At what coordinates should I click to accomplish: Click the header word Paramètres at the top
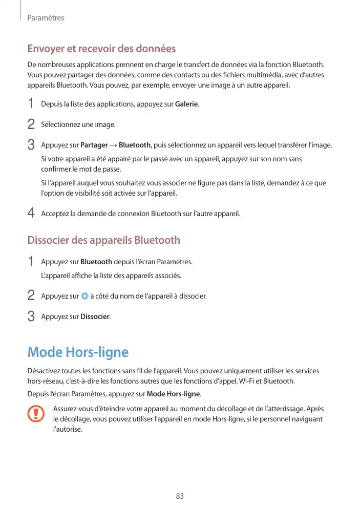click(46, 18)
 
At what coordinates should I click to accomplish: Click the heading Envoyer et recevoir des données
click(101, 49)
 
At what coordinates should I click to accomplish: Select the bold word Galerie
click(186, 104)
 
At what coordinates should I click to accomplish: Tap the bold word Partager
click(94, 145)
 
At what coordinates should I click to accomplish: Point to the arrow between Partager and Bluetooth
click(113, 145)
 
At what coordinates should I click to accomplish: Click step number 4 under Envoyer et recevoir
click(31, 213)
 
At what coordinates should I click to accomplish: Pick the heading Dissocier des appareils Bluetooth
click(103, 240)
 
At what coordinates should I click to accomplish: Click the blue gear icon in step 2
click(84, 296)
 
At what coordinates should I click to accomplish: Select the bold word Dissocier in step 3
click(95, 316)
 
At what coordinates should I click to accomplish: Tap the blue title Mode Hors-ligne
click(78, 352)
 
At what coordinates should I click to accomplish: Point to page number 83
click(180, 496)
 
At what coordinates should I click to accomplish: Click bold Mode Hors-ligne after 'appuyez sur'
click(174, 394)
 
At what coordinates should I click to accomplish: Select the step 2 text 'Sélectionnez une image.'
click(78, 124)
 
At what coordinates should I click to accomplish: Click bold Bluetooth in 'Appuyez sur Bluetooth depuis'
click(96, 262)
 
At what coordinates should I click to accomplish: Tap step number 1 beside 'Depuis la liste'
click(31, 104)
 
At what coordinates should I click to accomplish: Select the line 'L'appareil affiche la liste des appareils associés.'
click(111, 276)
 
